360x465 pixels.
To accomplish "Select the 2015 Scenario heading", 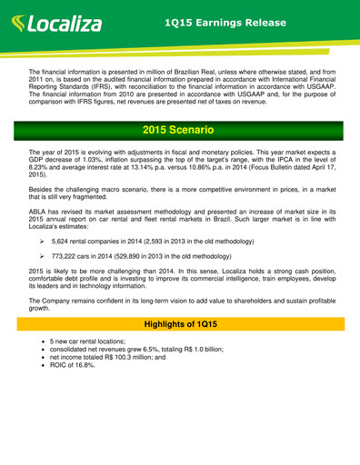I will pyautogui.click(x=180, y=138).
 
